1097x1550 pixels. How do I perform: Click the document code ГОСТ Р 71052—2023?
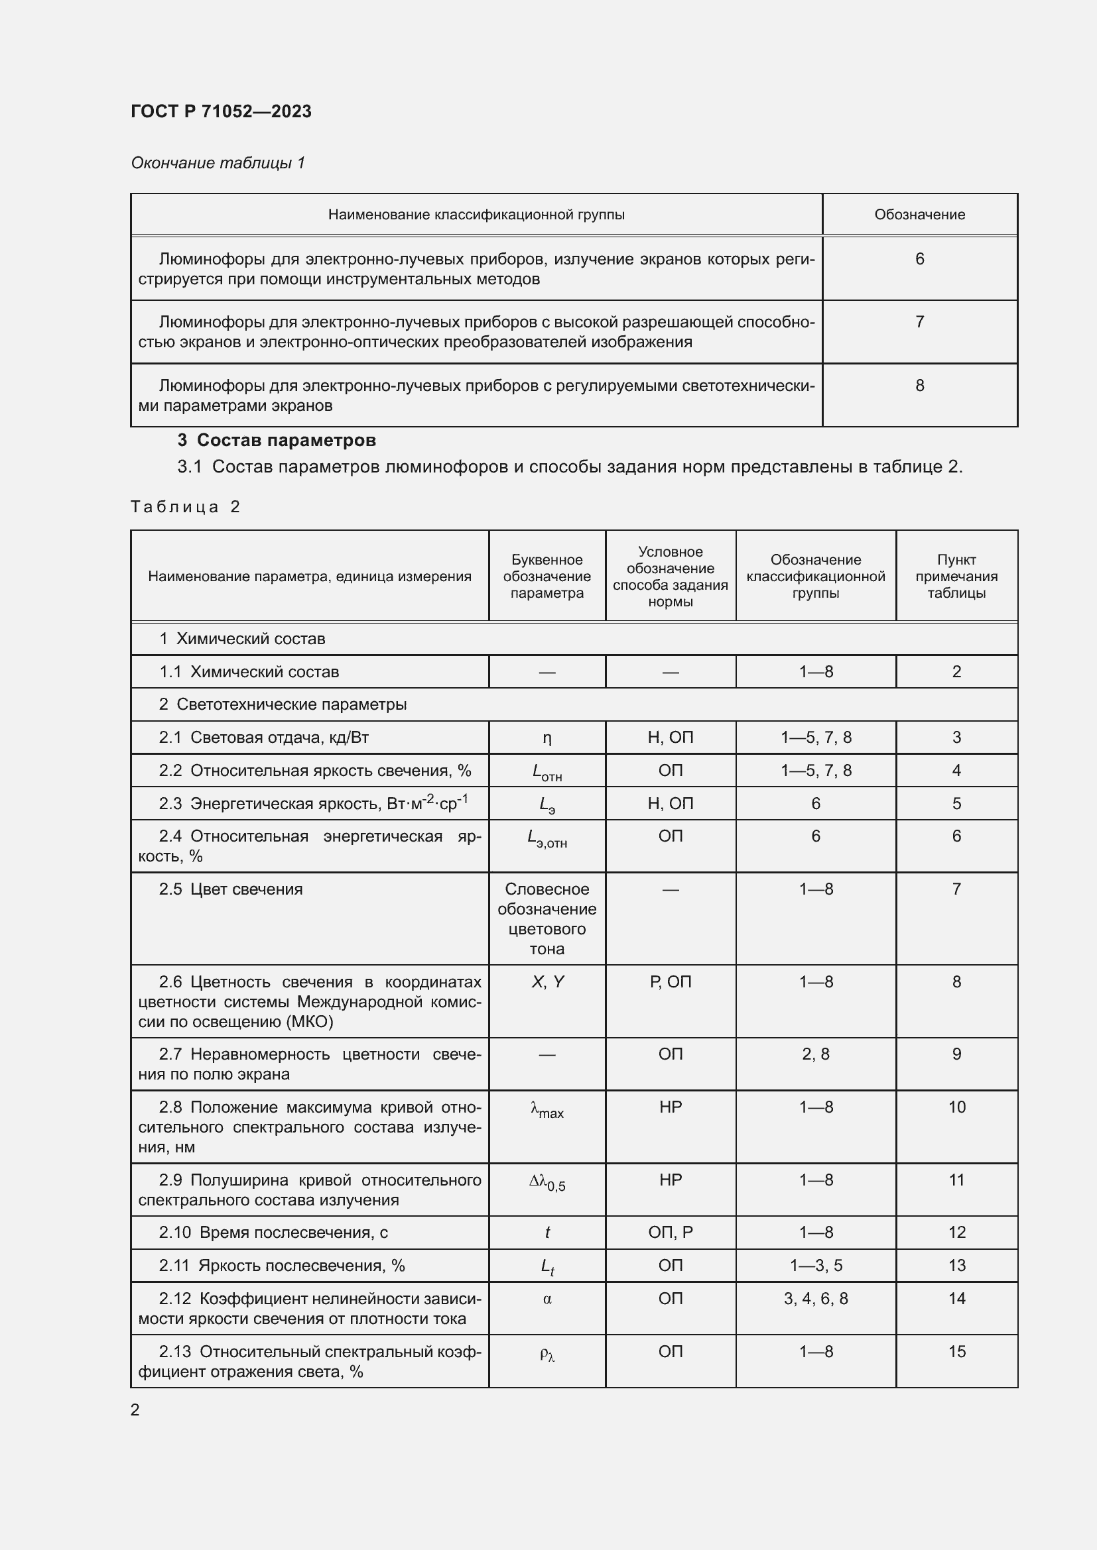(221, 111)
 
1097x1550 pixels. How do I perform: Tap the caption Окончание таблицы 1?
(218, 163)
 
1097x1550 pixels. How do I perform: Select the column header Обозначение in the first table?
(919, 215)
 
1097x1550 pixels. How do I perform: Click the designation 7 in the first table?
(919, 322)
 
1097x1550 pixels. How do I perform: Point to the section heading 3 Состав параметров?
(277, 440)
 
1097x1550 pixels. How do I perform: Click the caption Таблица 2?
(185, 507)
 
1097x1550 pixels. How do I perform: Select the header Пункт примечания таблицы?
(956, 577)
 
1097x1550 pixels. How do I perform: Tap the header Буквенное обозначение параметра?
(547, 577)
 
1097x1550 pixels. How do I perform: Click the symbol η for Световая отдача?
(547, 738)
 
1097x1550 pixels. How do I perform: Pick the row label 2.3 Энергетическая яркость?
(313, 803)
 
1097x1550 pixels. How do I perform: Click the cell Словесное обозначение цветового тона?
(547, 918)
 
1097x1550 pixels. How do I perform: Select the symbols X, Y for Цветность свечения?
(547, 982)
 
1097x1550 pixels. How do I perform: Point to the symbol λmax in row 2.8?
(547, 1109)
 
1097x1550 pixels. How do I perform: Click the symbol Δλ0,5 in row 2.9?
(547, 1182)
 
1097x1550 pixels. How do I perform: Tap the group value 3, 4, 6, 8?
(815, 1299)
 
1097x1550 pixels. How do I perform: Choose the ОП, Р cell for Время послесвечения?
(670, 1233)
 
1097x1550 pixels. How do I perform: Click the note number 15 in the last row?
(956, 1351)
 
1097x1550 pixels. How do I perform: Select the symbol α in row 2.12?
(547, 1299)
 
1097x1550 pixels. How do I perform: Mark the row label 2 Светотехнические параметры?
(283, 705)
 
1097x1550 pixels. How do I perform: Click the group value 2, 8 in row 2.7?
(815, 1054)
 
